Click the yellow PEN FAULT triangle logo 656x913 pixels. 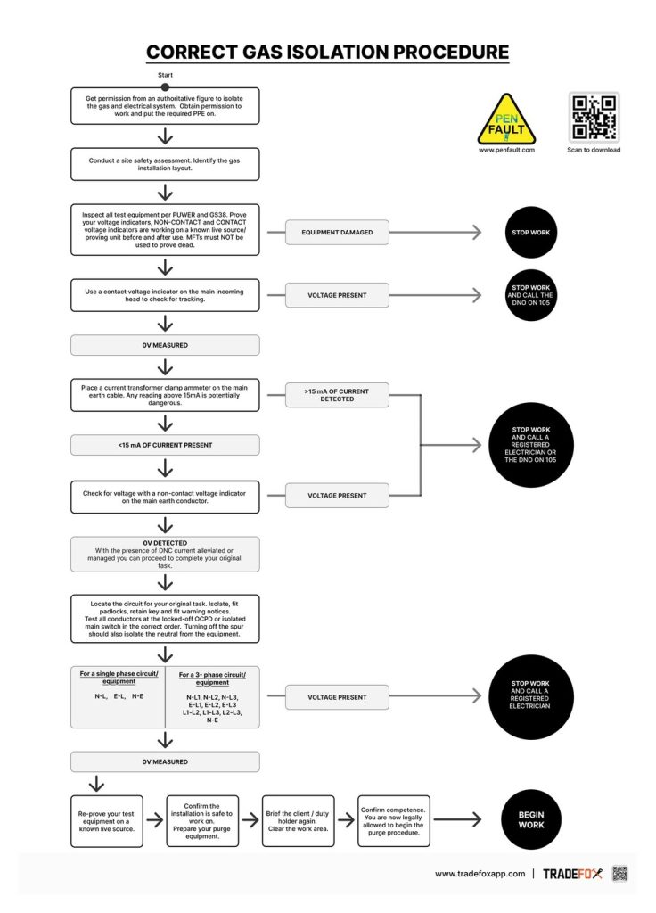506,121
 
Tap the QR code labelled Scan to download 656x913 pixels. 594,117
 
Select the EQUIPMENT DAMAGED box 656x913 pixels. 337,233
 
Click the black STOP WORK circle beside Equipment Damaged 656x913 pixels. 531,233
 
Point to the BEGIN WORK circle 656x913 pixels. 531,820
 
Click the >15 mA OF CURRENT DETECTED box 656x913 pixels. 337,395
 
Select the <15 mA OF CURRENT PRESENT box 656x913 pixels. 165,446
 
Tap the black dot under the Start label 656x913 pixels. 165,87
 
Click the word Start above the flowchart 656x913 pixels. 165,75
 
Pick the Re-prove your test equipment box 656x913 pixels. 107,821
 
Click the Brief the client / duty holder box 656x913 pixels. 298,821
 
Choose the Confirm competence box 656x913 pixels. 393,821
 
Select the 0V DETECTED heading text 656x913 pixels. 165,543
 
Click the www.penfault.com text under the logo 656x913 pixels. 506,150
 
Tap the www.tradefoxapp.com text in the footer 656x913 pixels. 480,874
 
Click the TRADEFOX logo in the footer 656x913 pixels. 573,874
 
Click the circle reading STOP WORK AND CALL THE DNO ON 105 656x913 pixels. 531,295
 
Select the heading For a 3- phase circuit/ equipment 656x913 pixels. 212,679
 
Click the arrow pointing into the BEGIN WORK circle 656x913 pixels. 457,820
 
